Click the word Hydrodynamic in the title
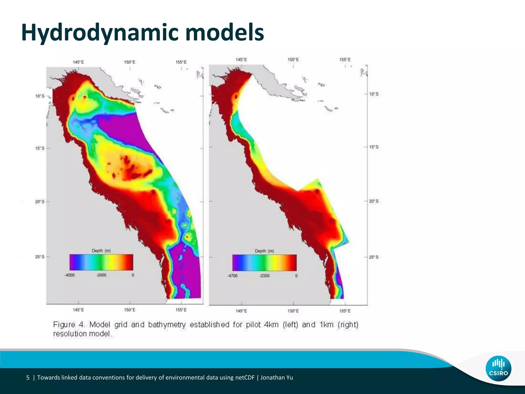click(x=100, y=33)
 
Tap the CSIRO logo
click(x=498, y=368)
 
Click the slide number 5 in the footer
click(x=28, y=378)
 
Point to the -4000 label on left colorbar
click(x=69, y=275)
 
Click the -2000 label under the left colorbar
click(x=101, y=275)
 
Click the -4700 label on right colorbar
click(x=233, y=276)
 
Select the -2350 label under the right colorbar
click(x=264, y=276)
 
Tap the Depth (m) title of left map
click(x=101, y=251)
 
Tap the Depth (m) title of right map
click(x=264, y=251)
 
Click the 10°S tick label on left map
click(x=40, y=96)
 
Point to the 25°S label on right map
click(x=374, y=257)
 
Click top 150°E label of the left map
click(x=130, y=62)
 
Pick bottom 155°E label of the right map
click(x=345, y=311)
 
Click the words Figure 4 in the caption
click(x=69, y=324)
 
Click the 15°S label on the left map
click(x=40, y=148)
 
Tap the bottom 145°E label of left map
click(x=78, y=310)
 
